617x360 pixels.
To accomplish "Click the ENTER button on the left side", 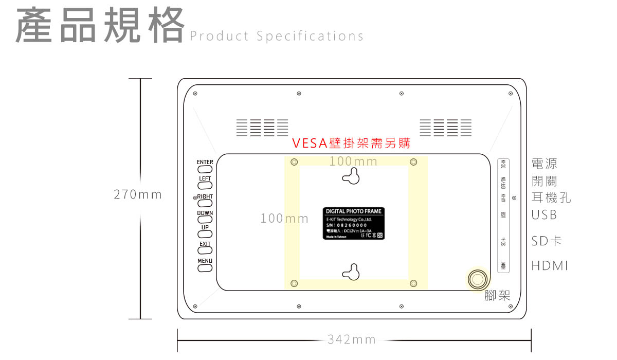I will [205, 169].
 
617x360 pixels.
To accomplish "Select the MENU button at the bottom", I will [205, 268].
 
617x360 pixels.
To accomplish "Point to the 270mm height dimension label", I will [138, 194].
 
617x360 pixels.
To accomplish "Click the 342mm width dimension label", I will [352, 339].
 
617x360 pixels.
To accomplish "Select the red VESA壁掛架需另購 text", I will [351, 143].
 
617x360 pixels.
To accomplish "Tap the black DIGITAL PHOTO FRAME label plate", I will [354, 224].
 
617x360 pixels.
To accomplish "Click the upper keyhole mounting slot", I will [351, 176].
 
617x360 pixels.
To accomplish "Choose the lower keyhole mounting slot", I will [351, 272].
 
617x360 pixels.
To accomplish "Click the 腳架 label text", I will [497, 296].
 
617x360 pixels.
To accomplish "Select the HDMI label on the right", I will [550, 266].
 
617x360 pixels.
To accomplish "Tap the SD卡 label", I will [547, 241].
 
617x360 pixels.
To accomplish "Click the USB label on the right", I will [544, 214].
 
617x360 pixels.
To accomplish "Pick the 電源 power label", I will [544, 164].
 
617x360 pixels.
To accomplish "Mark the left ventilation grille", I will [262, 128].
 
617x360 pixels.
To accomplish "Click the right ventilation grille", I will [445, 128].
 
